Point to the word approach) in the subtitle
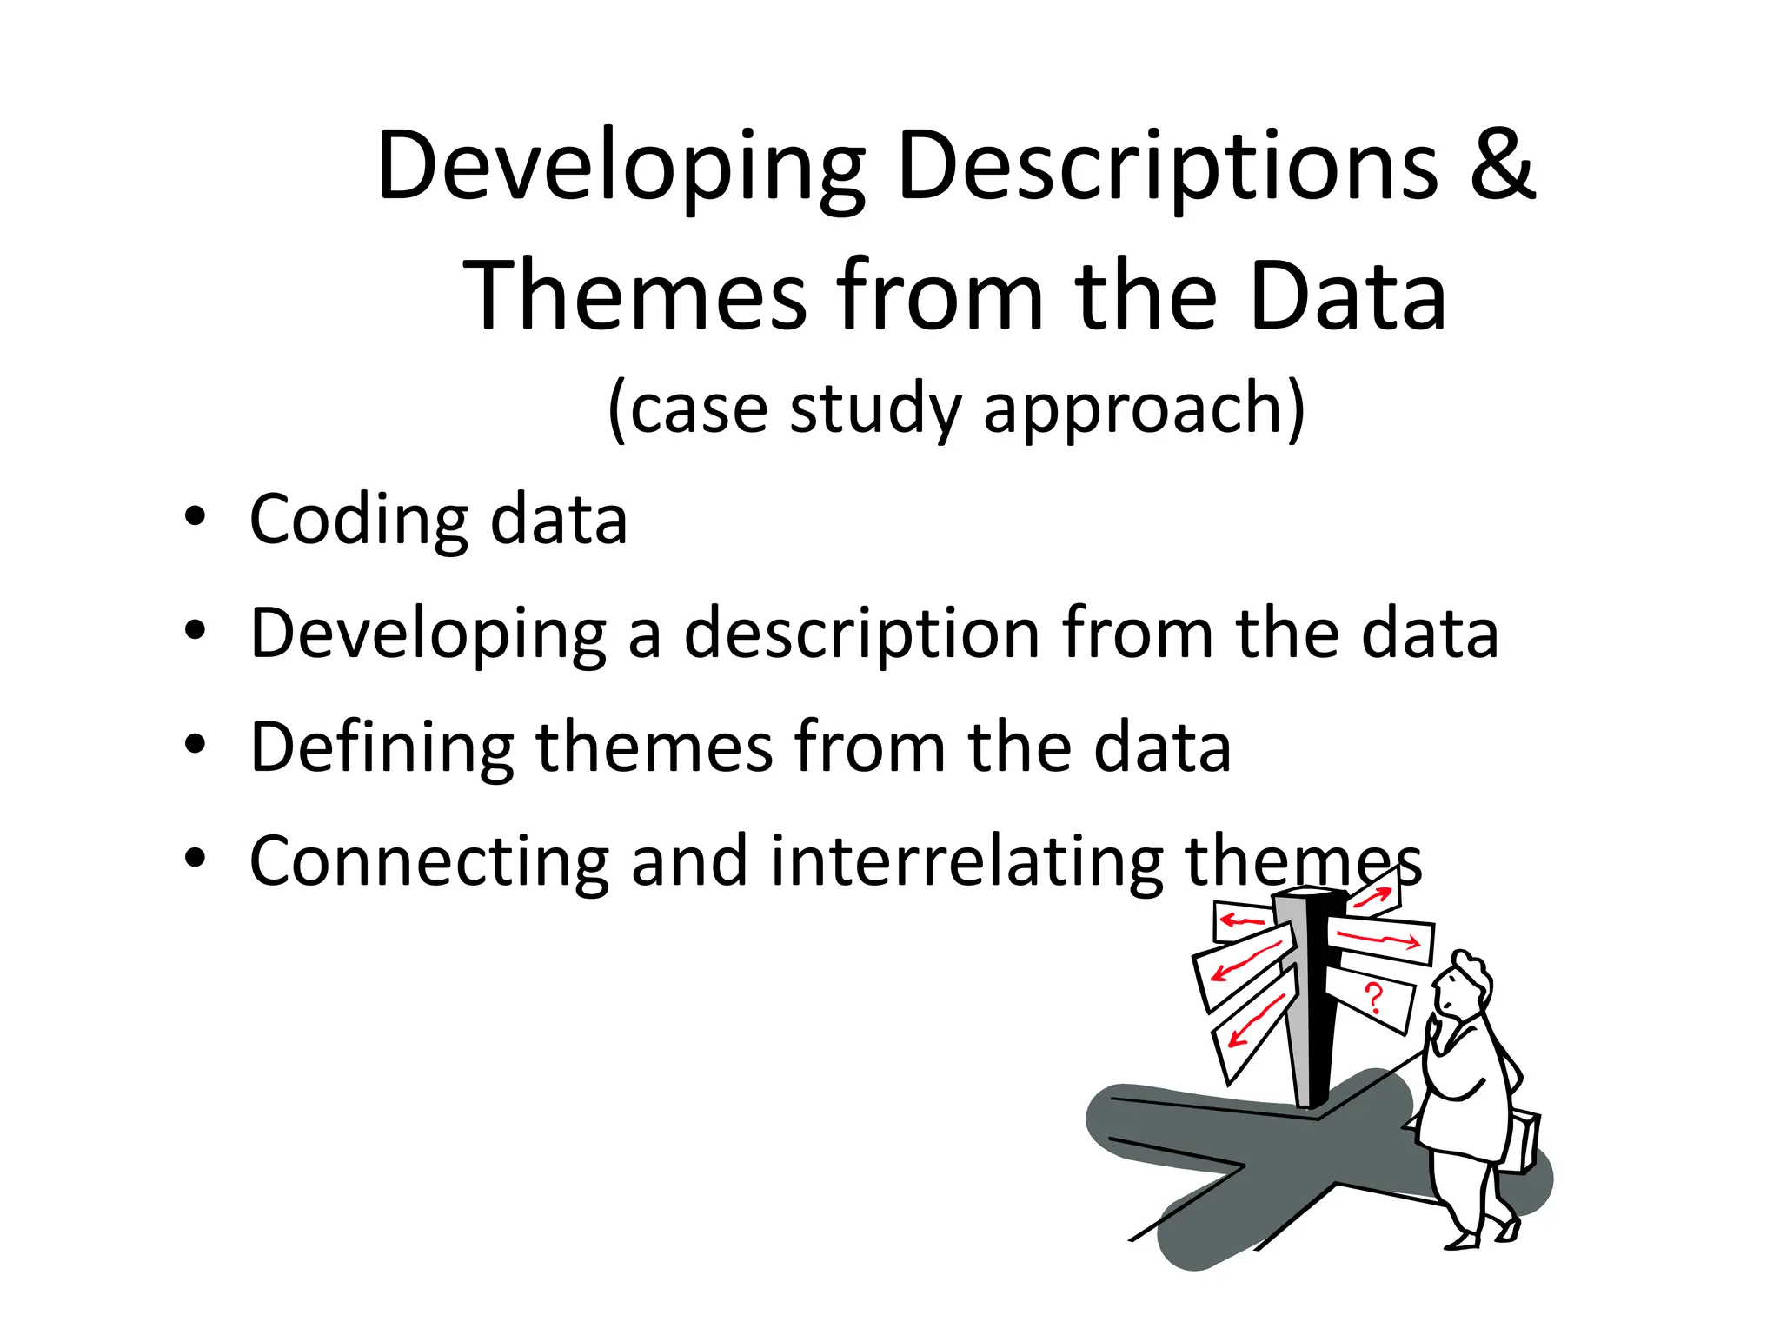click(1144, 408)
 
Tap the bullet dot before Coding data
click(196, 516)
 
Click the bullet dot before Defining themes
click(196, 744)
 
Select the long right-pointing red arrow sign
click(1378, 939)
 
